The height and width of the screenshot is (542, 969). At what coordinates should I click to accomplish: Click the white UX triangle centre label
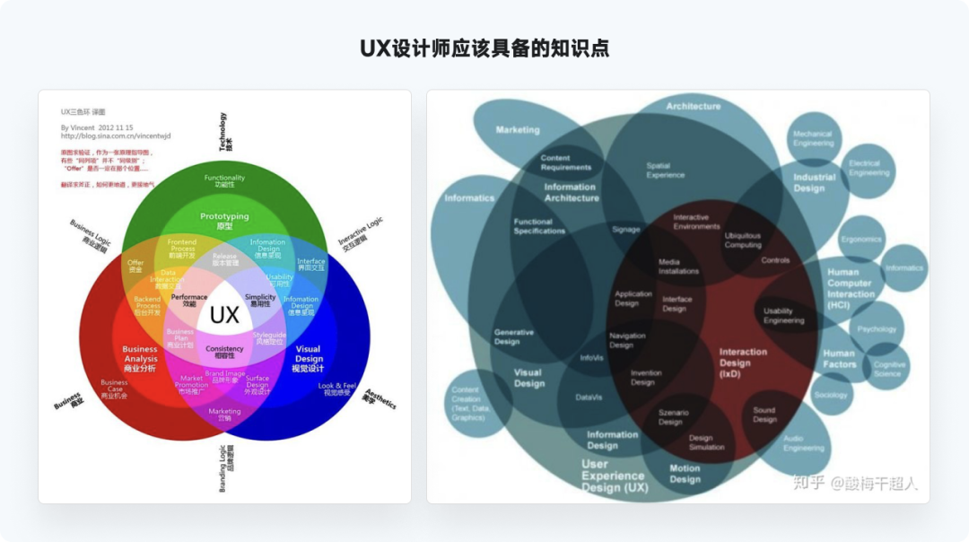click(x=224, y=315)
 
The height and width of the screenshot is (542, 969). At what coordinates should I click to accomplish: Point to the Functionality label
click(x=224, y=180)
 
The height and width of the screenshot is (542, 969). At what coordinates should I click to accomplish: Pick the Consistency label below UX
click(x=224, y=351)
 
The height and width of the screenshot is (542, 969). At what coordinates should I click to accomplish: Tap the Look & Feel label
click(x=337, y=389)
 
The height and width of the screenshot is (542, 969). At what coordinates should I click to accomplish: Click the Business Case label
click(x=114, y=389)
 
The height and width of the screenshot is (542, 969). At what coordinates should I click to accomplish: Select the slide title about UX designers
click(x=484, y=48)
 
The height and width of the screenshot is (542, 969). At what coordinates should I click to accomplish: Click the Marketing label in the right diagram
click(x=518, y=130)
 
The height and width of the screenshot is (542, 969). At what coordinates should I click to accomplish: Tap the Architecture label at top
click(x=693, y=107)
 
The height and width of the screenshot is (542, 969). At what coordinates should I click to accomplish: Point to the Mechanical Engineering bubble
click(x=813, y=138)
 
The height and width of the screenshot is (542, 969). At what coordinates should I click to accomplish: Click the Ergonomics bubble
click(x=862, y=240)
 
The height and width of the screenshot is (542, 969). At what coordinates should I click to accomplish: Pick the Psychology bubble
click(x=876, y=329)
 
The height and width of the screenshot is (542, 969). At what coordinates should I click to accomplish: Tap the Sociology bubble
click(x=831, y=395)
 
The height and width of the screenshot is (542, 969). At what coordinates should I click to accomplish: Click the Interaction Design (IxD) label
click(x=743, y=363)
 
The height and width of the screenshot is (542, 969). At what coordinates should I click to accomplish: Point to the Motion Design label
click(x=685, y=474)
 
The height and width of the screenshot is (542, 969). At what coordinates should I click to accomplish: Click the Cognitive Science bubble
click(x=888, y=369)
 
